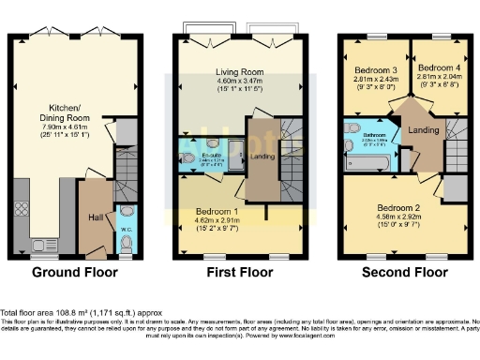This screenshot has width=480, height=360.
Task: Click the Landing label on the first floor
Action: click(260, 156)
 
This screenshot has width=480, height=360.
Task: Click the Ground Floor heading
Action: click(76, 273)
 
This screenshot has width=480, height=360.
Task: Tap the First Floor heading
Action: click(239, 273)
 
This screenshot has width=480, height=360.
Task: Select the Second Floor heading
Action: click(406, 273)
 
